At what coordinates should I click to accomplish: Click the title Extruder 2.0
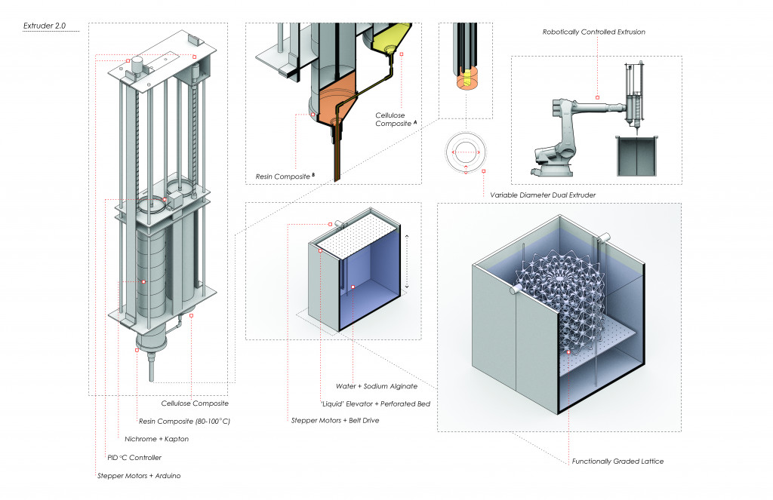click(45, 26)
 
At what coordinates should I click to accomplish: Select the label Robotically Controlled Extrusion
click(593, 32)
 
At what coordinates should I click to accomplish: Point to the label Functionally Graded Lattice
click(617, 461)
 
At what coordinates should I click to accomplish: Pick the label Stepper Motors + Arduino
click(139, 476)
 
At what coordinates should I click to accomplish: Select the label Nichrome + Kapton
click(157, 438)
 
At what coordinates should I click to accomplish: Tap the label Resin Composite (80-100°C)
click(184, 421)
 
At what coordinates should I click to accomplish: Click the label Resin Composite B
click(276, 176)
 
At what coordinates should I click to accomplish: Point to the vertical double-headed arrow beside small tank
click(407, 261)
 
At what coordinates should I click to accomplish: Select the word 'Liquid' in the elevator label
click(333, 403)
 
